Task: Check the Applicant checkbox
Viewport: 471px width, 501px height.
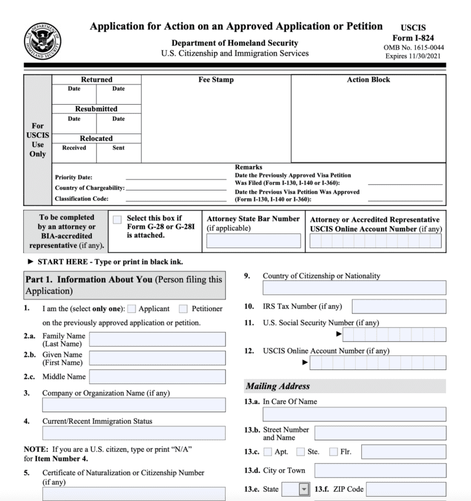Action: [132, 309]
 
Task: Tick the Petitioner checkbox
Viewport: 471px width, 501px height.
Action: [183, 309]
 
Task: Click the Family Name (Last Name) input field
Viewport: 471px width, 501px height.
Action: [157, 339]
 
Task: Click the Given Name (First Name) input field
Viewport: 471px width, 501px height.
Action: [157, 358]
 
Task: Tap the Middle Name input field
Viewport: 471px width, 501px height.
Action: [157, 377]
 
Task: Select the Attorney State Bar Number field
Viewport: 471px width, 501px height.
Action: [253, 241]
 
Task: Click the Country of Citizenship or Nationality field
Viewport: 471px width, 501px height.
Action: [354, 288]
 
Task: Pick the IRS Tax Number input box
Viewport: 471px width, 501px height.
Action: [399, 306]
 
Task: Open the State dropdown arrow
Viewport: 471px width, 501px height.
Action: [304, 489]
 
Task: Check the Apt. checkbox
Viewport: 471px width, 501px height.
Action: [267, 452]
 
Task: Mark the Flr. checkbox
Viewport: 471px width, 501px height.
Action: [334, 452]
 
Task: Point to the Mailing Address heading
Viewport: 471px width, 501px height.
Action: [278, 386]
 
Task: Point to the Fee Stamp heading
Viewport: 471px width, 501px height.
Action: [216, 80]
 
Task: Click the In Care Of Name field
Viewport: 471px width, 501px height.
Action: [354, 414]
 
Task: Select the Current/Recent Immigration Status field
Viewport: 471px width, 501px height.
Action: [134, 433]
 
